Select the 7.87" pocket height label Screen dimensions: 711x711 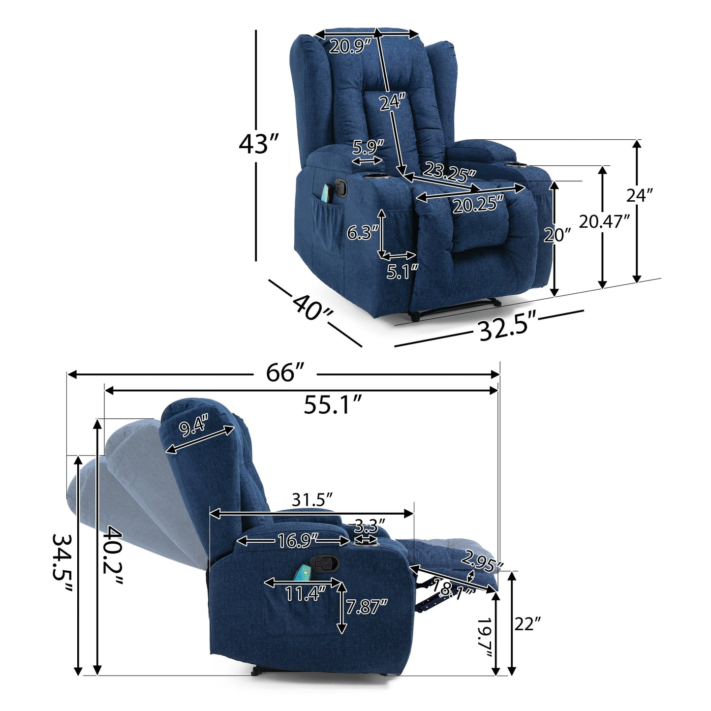pyautogui.click(x=367, y=607)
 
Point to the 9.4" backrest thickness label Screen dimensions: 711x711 pyautogui.click(x=194, y=426)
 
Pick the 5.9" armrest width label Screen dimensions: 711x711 pyautogui.click(x=368, y=147)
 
